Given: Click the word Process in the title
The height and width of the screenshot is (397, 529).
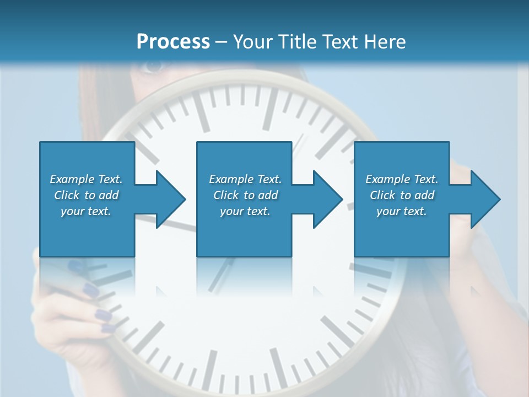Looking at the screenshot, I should click(173, 42).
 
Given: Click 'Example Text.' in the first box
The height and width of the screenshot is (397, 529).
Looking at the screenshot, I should click(86, 179).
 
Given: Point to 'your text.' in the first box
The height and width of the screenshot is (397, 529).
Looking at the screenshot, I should click(86, 211).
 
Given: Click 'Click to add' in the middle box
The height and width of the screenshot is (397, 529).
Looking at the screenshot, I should click(245, 195).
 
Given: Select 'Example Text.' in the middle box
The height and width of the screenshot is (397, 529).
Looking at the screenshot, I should click(245, 179).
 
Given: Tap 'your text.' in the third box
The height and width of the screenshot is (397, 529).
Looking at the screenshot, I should click(402, 211).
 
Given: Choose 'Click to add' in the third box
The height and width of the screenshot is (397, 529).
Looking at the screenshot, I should click(402, 195).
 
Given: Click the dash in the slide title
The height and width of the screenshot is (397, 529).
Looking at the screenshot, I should click(222, 42).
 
